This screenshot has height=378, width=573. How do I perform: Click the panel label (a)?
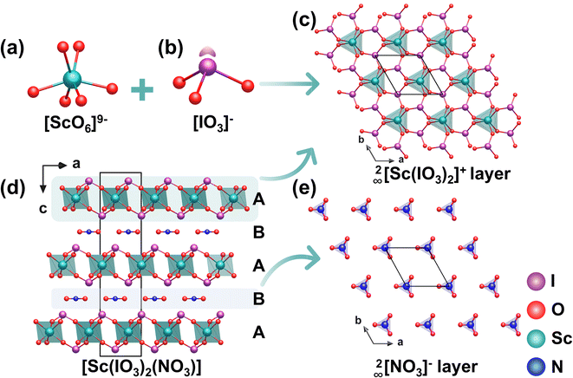[x=12, y=49]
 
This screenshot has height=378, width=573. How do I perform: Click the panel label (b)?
[x=171, y=49]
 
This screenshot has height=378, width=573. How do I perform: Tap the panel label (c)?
[x=303, y=22]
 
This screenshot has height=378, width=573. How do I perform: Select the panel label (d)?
[x=13, y=187]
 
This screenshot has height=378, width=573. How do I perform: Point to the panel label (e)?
[x=303, y=188]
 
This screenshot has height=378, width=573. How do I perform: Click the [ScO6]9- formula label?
[x=75, y=124]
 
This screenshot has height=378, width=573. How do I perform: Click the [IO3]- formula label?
[x=213, y=124]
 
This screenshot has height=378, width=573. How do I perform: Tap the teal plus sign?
[x=142, y=89]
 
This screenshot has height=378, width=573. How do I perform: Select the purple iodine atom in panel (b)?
[x=207, y=67]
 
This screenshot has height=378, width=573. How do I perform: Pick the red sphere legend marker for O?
[x=536, y=310]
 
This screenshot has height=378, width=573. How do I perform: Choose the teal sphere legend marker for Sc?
[x=536, y=338]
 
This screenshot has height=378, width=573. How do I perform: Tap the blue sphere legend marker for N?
[x=536, y=366]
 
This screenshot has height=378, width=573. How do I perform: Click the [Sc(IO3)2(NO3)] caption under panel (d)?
[x=141, y=368]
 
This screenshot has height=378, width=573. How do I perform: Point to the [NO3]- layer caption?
[x=426, y=367]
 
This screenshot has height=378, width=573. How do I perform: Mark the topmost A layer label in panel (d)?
[x=258, y=199]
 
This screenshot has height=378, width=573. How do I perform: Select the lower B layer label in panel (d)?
[x=258, y=298]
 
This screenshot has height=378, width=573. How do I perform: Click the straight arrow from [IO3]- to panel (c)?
[x=290, y=84]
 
